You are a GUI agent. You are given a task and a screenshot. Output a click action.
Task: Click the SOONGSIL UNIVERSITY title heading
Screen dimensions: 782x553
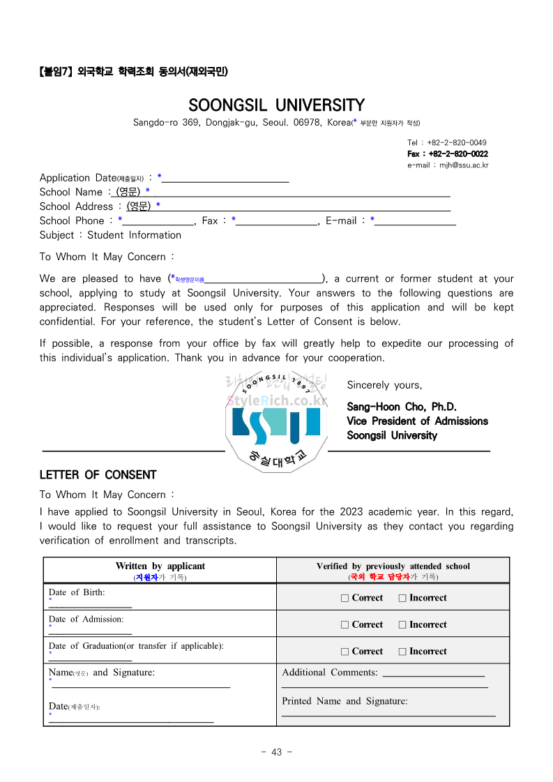tap(276, 105)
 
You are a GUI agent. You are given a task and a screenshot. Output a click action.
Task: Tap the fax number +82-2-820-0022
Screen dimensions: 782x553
tap(448, 153)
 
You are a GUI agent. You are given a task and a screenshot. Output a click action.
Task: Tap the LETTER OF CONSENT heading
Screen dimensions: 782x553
tap(98, 475)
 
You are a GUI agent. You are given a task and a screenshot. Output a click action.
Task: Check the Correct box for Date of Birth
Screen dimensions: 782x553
tap(345, 598)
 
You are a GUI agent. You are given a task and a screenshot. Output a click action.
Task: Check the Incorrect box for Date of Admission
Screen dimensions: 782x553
tap(402, 625)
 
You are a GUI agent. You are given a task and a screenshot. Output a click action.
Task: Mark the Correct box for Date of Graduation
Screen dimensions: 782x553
tap(345, 652)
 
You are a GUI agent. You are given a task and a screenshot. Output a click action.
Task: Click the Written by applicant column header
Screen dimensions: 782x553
tap(160, 566)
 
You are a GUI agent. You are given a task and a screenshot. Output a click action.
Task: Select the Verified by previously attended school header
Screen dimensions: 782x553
tap(393, 566)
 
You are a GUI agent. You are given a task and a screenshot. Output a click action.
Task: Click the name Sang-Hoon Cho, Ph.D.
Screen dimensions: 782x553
tap(402, 407)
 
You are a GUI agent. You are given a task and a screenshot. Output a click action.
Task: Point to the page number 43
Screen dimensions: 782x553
tap(276, 752)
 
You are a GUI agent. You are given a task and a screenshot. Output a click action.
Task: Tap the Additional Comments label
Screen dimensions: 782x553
tap(329, 672)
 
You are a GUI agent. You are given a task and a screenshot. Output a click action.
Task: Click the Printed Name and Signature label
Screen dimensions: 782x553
tap(344, 701)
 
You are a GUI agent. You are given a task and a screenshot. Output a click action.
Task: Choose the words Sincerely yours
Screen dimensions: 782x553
tap(384, 385)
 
